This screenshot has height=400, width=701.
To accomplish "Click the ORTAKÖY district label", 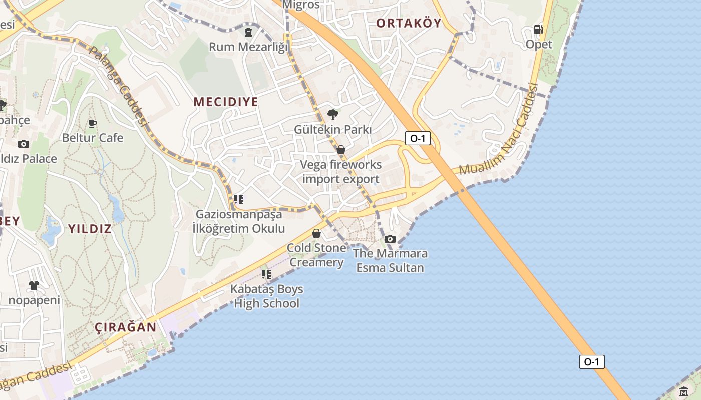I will click(x=409, y=23).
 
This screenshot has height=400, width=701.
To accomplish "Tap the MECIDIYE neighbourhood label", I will click(x=226, y=102).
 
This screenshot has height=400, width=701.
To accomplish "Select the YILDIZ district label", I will click(x=90, y=229).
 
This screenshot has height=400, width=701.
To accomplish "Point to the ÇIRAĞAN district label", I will click(x=126, y=327).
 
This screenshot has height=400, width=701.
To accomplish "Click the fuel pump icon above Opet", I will click(x=539, y=30).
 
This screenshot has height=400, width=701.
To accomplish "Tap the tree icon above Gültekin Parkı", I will click(x=332, y=115).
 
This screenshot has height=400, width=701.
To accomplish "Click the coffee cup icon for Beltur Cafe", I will click(x=92, y=123).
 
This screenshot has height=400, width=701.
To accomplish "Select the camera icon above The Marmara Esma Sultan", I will click(x=390, y=239).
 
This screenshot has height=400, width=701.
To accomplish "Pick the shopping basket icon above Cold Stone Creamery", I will click(x=316, y=233).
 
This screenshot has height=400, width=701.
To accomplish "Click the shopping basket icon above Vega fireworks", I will click(x=341, y=150).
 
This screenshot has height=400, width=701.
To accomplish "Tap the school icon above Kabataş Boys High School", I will click(x=266, y=274).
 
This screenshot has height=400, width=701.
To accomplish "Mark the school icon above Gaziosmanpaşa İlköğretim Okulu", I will click(x=239, y=199).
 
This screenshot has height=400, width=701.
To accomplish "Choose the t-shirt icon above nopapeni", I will click(x=34, y=285).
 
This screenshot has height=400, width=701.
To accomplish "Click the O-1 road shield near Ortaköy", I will click(x=417, y=138).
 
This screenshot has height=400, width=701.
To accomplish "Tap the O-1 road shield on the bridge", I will click(x=591, y=362).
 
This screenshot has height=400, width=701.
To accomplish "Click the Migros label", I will click(x=301, y=5).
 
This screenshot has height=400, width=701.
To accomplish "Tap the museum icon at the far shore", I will click(x=684, y=391).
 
